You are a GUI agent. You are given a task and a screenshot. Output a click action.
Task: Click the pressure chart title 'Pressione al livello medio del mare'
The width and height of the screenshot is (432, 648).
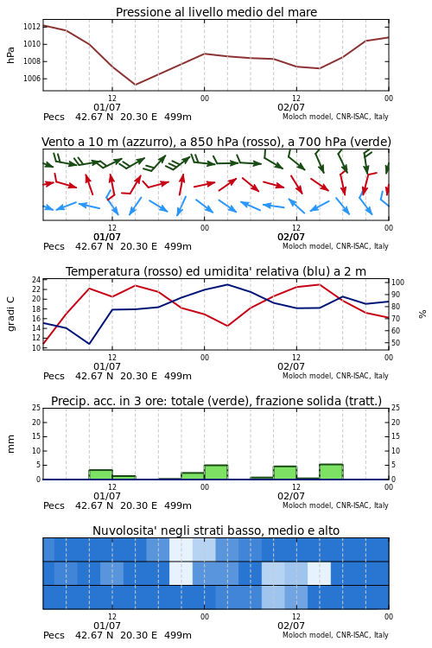[x=216, y=12]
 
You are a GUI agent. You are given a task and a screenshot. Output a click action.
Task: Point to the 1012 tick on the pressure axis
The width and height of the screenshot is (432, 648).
[x=31, y=27]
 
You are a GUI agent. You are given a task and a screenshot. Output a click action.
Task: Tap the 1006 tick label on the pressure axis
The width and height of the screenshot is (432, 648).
[x=31, y=79]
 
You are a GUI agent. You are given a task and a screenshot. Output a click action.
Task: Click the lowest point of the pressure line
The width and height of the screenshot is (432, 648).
[x=135, y=85]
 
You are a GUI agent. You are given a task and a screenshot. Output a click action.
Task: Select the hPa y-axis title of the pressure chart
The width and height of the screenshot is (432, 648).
[x=10, y=55]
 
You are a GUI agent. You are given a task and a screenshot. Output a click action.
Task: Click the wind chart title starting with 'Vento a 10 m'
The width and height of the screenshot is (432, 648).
[x=216, y=142]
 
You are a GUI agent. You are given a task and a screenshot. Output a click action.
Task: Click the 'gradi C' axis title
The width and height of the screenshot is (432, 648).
[x=11, y=314]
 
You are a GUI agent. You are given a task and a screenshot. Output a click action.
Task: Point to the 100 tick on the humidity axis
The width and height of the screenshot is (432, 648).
[x=397, y=283]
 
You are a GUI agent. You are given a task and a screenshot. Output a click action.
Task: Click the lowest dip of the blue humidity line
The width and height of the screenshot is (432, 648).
[x=89, y=343]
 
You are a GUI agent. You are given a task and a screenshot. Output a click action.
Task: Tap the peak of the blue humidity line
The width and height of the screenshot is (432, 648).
[x=227, y=284]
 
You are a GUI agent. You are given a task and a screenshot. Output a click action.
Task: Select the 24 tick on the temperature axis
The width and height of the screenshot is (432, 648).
[x=36, y=280]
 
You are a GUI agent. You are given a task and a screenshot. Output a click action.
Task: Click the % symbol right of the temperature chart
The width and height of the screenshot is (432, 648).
[x=422, y=314]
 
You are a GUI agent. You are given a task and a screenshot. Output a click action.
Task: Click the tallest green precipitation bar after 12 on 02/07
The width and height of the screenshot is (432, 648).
[x=331, y=472]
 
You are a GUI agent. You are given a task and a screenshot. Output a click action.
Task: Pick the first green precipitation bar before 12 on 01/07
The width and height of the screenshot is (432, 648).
[x=101, y=474]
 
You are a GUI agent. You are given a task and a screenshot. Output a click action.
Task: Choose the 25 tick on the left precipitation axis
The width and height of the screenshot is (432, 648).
[x=36, y=408]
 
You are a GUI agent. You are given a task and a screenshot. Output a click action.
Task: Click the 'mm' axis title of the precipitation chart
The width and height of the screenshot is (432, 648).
[x=11, y=444]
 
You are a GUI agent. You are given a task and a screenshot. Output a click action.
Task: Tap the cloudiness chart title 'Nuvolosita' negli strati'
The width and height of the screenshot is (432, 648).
[x=216, y=530]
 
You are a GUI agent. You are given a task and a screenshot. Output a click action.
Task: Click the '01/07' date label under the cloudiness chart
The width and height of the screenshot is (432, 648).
[x=107, y=626]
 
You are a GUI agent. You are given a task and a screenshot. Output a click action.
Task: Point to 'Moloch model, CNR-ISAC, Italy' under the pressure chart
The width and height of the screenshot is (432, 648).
[x=335, y=117]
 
